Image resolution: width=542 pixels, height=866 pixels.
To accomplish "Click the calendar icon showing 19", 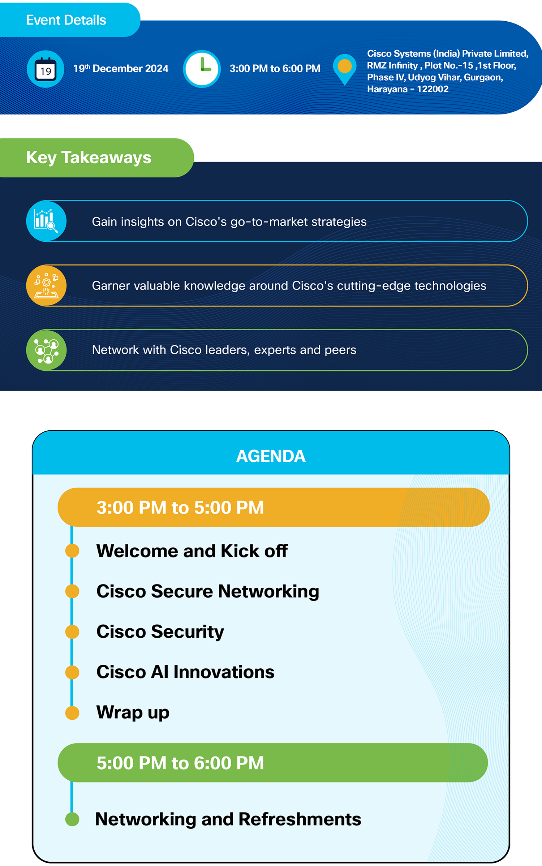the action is coord(46,69).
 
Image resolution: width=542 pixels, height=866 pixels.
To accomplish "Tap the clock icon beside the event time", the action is coord(202,69).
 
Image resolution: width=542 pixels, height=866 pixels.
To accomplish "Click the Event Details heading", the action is coord(66,20).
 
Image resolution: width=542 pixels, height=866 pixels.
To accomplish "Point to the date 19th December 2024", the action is coord(121,68).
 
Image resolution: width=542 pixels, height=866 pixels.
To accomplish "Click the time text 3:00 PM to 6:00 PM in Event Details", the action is coord(275,68).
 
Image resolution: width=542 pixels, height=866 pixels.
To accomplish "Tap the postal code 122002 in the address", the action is coord(433,89).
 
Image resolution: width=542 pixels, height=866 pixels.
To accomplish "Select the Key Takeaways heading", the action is coord(89,158).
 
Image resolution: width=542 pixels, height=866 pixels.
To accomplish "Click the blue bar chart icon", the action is coord(46,221).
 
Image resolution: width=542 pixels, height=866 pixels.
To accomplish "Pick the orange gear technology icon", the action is coord(46,285).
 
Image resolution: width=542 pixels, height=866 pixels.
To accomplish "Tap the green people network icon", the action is coord(46,350).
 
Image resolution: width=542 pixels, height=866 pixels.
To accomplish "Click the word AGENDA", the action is coord(271,456).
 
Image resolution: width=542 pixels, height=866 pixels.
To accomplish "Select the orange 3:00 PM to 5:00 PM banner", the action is coord(274,507).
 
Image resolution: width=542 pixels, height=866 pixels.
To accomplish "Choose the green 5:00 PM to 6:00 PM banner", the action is coord(273,763).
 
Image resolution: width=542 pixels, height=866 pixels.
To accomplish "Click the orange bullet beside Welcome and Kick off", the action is coord(72,551).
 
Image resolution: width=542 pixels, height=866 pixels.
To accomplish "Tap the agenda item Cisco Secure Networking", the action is coord(208,591).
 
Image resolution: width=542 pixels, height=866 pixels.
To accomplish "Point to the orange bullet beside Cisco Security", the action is coord(72,632).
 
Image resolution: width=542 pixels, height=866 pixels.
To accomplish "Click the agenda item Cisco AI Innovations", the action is coord(185,672).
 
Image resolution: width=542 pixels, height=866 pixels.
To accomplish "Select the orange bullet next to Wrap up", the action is coord(72,713).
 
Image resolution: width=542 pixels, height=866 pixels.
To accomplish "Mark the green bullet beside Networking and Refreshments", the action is coord(72,819).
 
